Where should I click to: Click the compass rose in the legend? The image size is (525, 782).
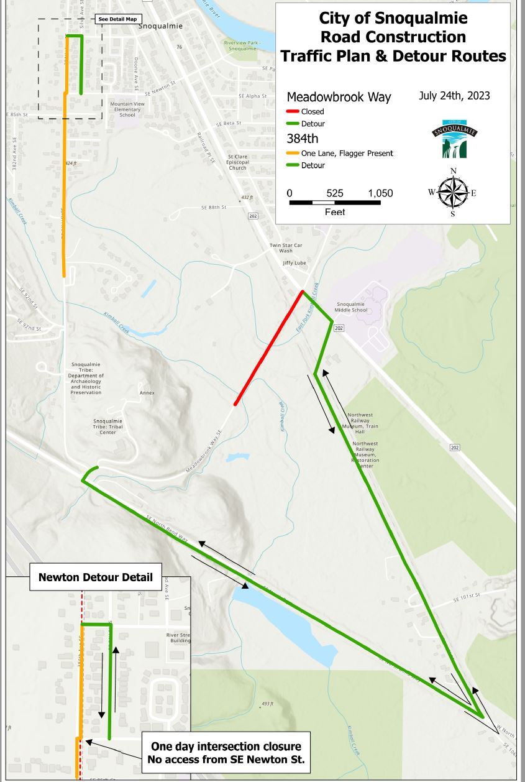(453, 192)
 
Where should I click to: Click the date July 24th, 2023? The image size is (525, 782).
(454, 96)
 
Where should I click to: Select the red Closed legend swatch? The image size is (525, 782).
(293, 112)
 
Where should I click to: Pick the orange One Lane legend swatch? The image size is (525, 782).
(293, 154)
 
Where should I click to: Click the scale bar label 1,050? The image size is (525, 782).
(380, 193)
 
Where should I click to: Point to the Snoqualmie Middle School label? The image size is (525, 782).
(351, 306)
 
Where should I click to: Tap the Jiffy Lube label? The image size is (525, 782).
(294, 263)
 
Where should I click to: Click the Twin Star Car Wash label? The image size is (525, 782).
(286, 248)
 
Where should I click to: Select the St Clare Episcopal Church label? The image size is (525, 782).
(237, 162)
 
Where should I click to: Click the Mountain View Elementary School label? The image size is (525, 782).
(127, 109)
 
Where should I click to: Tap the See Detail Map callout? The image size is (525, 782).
(117, 19)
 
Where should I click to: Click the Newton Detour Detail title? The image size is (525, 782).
(95, 577)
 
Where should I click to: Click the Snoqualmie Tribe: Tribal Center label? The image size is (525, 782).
(107, 426)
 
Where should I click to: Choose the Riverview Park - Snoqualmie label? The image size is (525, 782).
(242, 45)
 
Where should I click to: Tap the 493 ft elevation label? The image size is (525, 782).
(267, 704)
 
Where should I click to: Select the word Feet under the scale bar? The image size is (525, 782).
(335, 212)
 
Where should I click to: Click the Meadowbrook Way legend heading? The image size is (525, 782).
(339, 98)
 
